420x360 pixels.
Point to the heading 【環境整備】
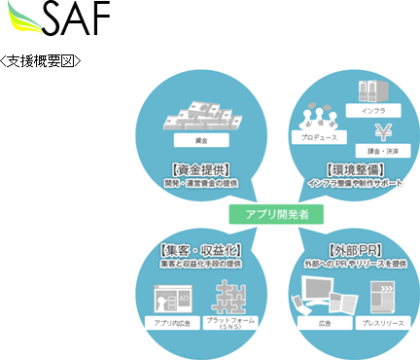[353, 167]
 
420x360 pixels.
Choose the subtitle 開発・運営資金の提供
[199, 182]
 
